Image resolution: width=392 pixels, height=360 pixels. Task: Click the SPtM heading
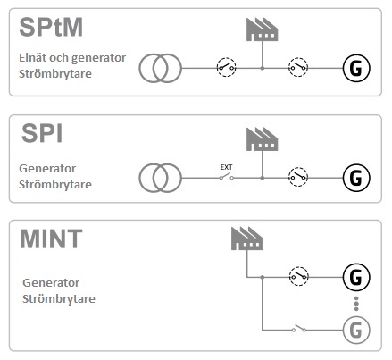click(x=51, y=27)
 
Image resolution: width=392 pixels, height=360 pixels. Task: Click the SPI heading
click(x=42, y=133)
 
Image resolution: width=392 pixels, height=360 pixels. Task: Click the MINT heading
click(x=51, y=239)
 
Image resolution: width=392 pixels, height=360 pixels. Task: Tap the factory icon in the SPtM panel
click(x=263, y=29)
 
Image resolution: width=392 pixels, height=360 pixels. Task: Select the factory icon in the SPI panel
click(x=263, y=139)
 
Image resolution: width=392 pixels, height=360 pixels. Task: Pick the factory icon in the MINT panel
click(x=247, y=239)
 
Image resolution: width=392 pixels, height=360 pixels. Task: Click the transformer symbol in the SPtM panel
click(x=160, y=68)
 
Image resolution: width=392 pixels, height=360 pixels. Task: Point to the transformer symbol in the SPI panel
click(x=160, y=178)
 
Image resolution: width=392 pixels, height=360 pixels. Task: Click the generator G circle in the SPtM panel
click(x=356, y=68)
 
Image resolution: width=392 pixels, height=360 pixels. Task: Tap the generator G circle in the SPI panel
click(x=356, y=178)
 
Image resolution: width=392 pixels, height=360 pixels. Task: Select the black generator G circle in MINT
click(x=356, y=277)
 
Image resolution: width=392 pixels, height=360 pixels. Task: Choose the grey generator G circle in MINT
click(x=356, y=330)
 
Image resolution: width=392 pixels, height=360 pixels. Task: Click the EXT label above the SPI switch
click(x=226, y=167)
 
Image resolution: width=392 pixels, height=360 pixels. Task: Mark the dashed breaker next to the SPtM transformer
click(x=226, y=67)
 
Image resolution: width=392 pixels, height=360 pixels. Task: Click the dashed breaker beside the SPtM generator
click(x=298, y=67)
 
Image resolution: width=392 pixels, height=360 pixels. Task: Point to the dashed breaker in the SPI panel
click(x=298, y=177)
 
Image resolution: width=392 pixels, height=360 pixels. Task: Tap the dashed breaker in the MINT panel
click(x=299, y=276)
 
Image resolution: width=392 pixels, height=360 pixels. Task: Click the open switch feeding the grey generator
click(x=299, y=328)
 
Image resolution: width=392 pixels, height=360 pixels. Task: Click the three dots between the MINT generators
click(x=356, y=304)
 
